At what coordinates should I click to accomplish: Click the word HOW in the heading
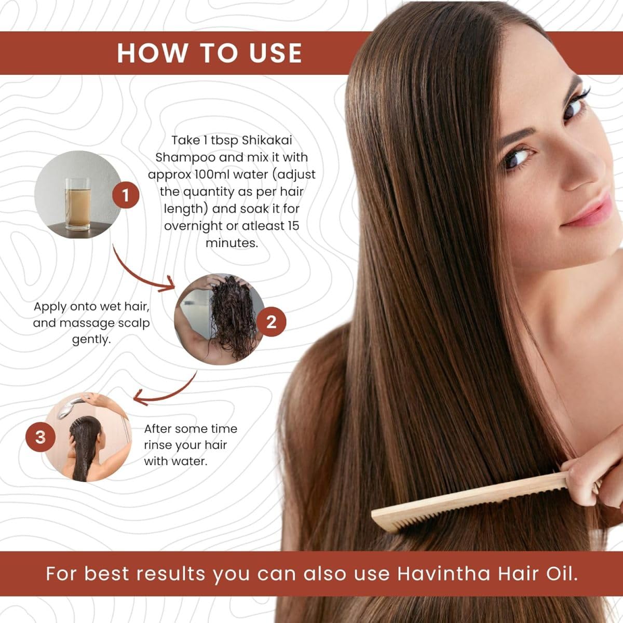(152, 53)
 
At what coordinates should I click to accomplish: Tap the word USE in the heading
(276, 53)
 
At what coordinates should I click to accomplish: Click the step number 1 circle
(126, 195)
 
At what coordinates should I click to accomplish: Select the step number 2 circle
(271, 322)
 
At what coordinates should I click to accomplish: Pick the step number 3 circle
(40, 437)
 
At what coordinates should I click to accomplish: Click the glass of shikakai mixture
(77, 204)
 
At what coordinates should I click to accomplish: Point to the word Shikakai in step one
(267, 141)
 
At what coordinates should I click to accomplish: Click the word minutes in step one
(232, 243)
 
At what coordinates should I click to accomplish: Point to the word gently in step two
(91, 340)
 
